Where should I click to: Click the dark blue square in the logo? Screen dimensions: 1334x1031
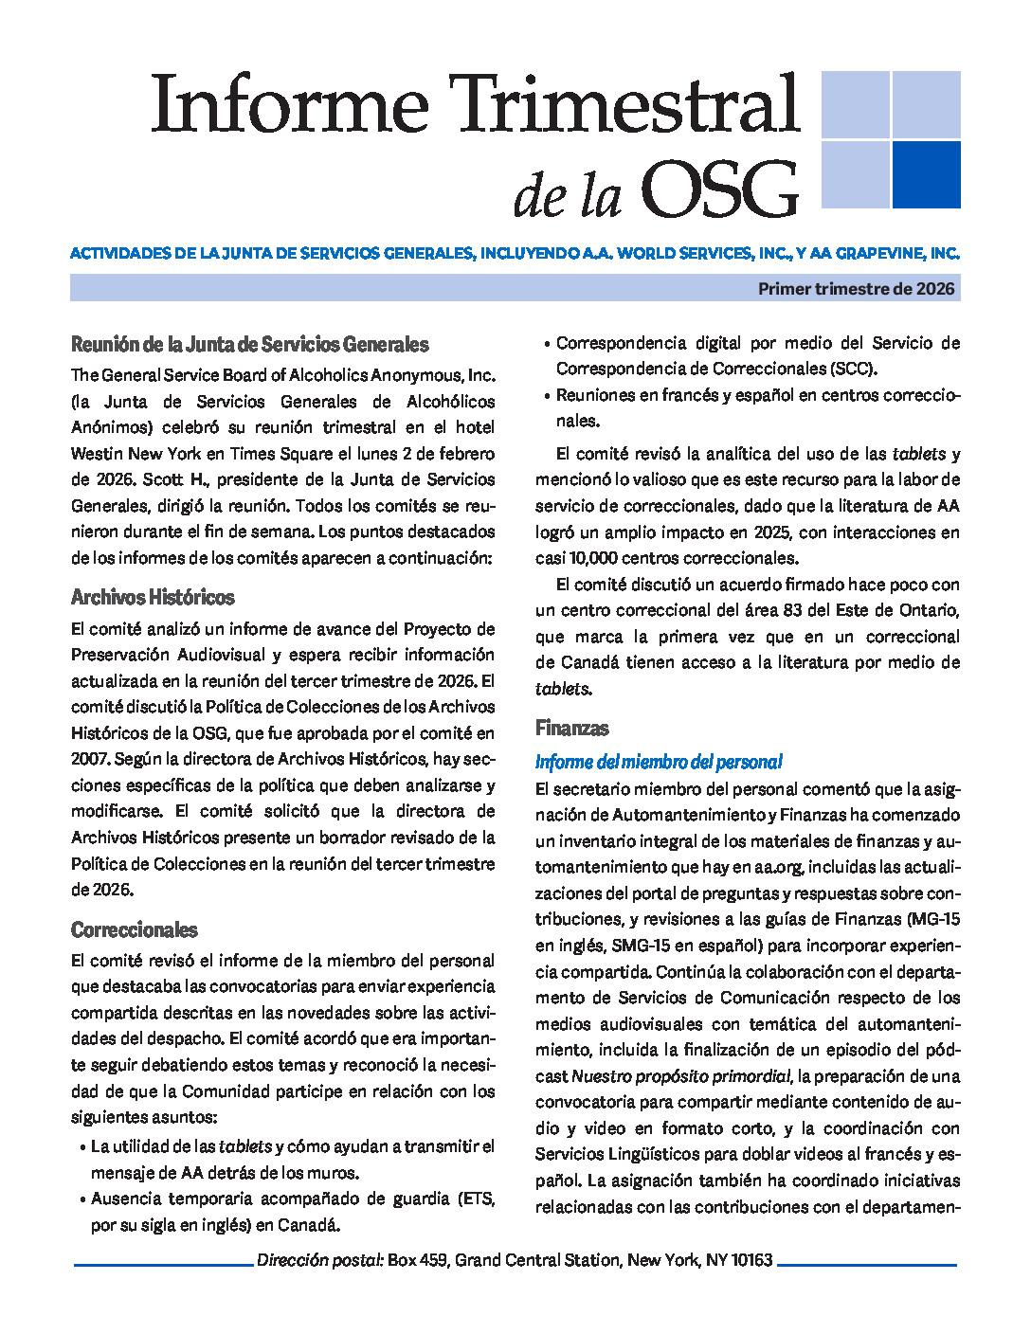click(926, 174)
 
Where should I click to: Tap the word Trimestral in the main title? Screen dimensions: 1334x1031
click(624, 104)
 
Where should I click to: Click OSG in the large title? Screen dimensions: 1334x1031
click(719, 189)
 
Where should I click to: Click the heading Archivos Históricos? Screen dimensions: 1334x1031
click(153, 598)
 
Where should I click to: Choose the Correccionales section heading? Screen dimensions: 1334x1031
click(135, 929)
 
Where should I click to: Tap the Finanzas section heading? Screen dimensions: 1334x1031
click(571, 729)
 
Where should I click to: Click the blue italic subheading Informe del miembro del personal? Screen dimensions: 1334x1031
click(659, 762)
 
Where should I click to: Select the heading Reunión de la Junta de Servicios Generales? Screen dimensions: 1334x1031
click(250, 345)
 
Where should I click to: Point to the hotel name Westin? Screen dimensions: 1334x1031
click(97, 454)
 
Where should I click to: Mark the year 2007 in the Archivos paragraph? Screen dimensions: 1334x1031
click(88, 759)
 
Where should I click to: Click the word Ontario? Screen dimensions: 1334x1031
click(928, 610)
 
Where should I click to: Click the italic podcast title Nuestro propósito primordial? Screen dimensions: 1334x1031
click(680, 1076)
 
